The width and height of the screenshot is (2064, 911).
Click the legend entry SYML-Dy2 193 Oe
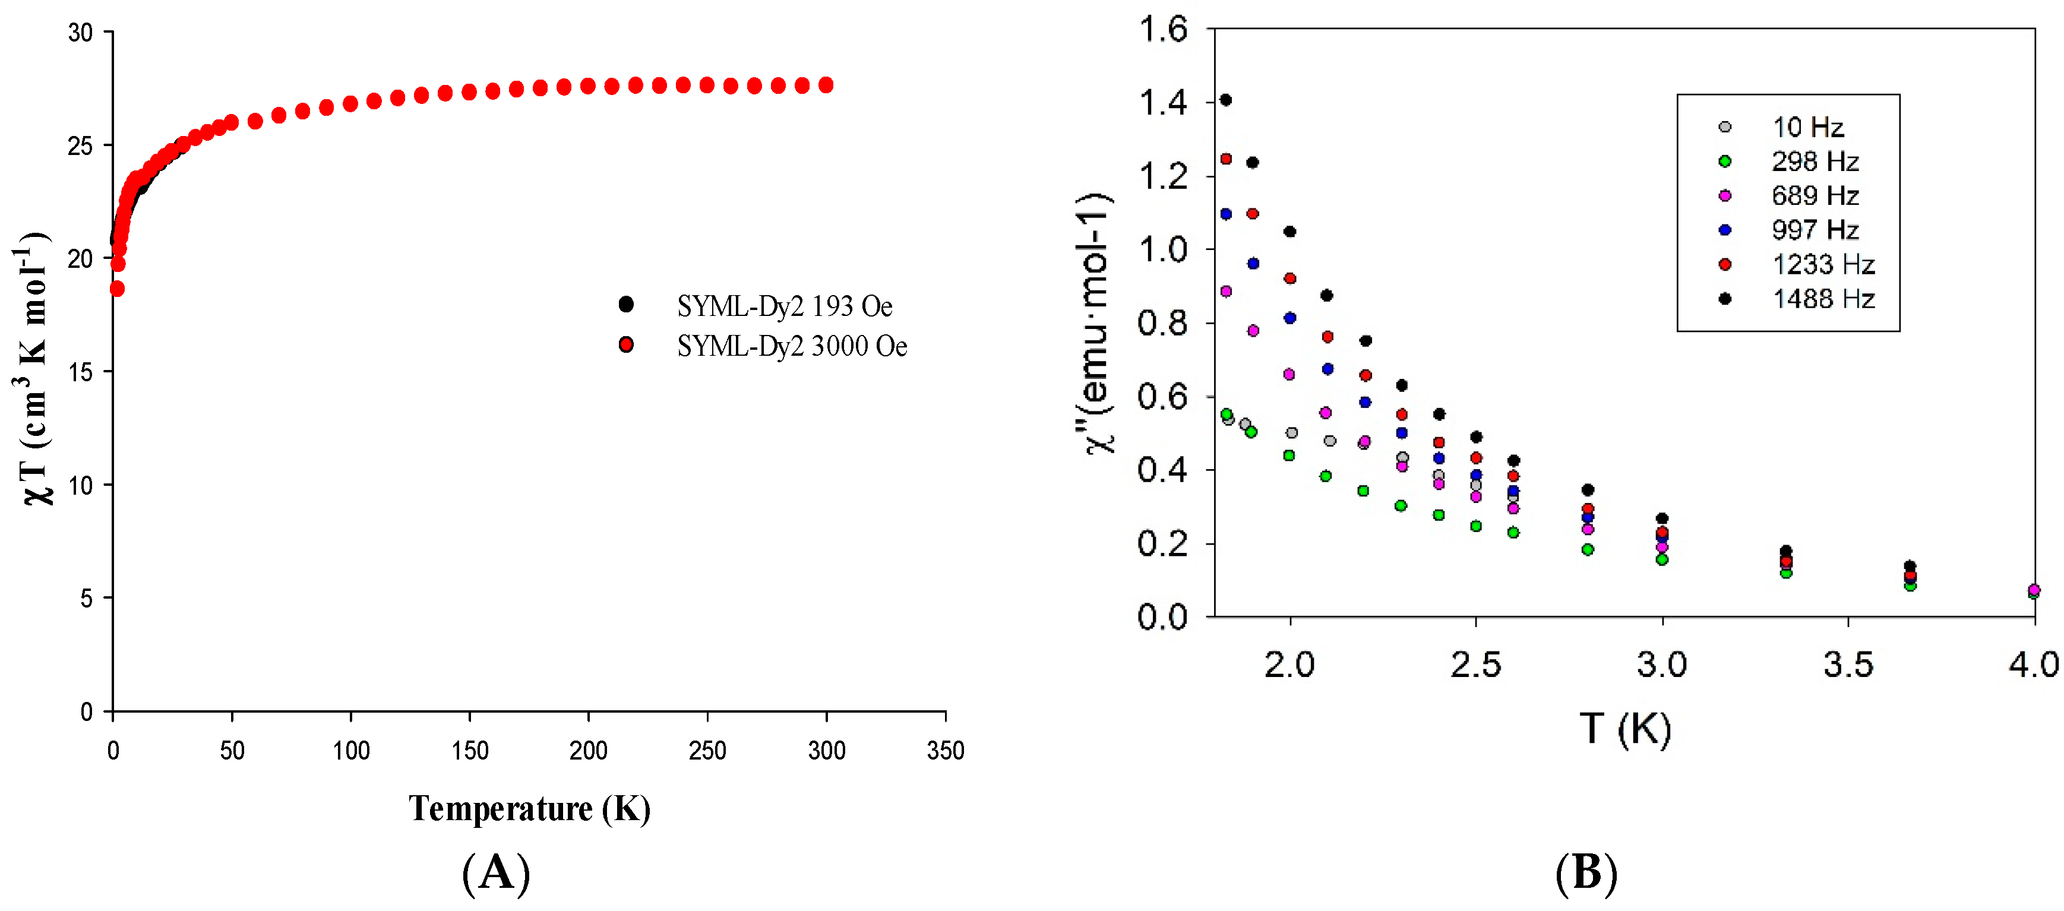point(783,306)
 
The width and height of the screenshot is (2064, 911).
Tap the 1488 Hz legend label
point(1823,299)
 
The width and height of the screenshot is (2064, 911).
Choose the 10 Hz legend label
point(1807,126)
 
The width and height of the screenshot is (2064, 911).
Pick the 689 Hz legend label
point(1814,195)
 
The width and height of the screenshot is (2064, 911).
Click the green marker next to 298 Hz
point(1725,162)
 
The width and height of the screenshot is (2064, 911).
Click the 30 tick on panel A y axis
point(80,33)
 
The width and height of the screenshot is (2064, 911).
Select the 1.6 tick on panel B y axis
point(1162,30)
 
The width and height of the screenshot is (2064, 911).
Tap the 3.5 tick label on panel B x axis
point(1848,665)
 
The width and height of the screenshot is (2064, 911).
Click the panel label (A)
point(496,872)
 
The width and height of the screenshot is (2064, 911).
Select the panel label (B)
point(1586,872)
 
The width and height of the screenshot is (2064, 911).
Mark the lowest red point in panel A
point(117,289)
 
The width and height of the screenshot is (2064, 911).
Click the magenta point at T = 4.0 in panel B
point(2034,590)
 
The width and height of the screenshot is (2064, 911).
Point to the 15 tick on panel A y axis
point(80,372)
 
